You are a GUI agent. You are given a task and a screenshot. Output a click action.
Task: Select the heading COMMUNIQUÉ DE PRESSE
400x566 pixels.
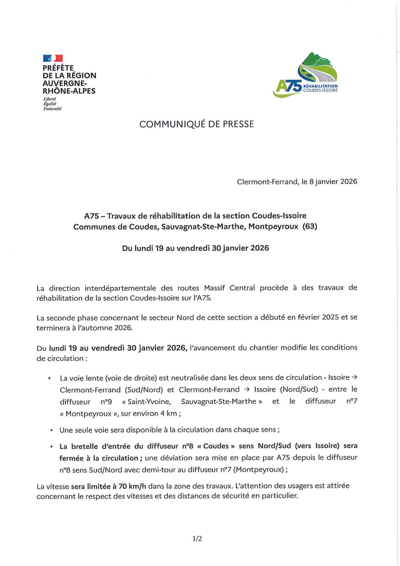pyautogui.click(x=196, y=125)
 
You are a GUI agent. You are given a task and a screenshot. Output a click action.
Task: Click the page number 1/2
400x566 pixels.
pyautogui.click(x=197, y=539)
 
